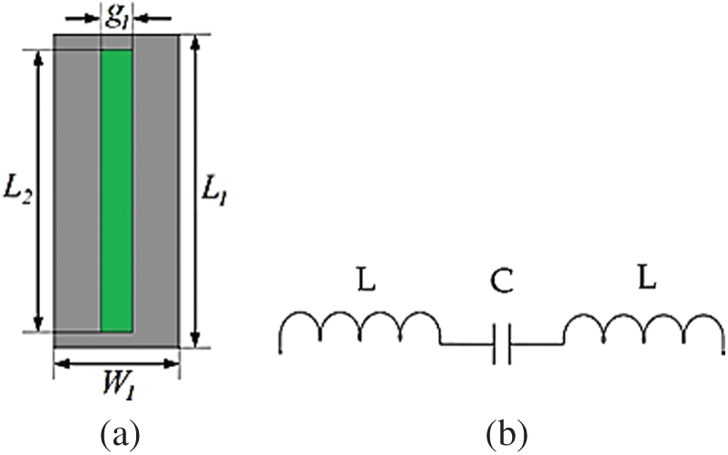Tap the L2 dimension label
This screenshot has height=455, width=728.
(x=17, y=191)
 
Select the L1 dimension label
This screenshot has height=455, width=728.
(x=214, y=191)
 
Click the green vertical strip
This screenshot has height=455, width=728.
(x=116, y=191)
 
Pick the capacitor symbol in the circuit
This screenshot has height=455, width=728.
(x=503, y=344)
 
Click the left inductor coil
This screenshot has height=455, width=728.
(x=360, y=326)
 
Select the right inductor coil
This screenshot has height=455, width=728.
(x=644, y=327)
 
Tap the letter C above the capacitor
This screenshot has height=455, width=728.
(x=502, y=282)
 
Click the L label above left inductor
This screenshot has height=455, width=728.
(x=367, y=279)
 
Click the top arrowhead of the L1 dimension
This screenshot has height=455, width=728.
(x=196, y=41)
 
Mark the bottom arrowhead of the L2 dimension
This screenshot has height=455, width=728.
(x=38, y=323)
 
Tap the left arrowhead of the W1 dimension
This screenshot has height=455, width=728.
(x=62, y=364)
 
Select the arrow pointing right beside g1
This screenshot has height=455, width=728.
(x=83, y=19)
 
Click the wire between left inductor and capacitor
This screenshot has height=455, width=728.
(x=467, y=344)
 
